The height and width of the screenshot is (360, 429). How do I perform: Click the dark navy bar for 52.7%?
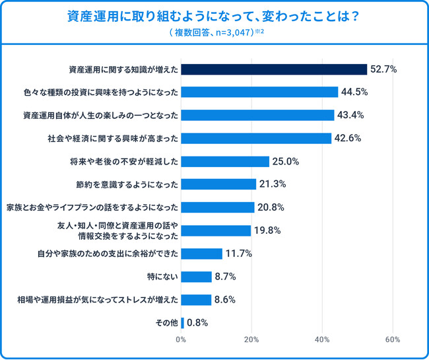pyautogui.click(x=273, y=69)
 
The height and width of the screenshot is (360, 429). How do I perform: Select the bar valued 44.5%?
pyautogui.click(x=259, y=92)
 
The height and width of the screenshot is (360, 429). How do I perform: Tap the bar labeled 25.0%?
pyautogui.click(x=225, y=161)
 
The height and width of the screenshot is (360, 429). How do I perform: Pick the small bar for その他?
pyautogui.click(x=182, y=322)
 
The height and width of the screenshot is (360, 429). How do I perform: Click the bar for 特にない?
pyautogui.click(x=196, y=277)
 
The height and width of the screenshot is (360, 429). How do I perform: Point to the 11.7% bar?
pyautogui.click(x=201, y=254)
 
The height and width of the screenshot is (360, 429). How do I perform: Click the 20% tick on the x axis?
pyautogui.click(x=251, y=340)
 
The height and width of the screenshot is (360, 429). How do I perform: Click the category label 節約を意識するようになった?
pyautogui.click(x=127, y=184)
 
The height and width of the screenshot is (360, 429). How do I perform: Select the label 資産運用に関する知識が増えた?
pyautogui.click(x=122, y=69)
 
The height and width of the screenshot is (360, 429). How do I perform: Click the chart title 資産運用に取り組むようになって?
pyautogui.click(x=214, y=17)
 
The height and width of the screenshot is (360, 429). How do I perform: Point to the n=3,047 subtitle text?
pyautogui.click(x=214, y=32)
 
